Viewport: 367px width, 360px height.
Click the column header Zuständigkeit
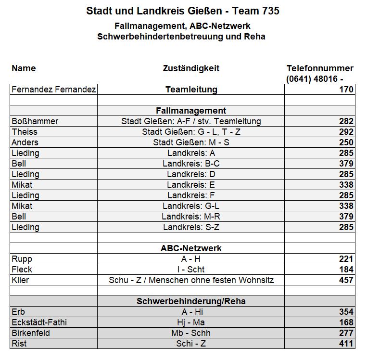pos(191,68)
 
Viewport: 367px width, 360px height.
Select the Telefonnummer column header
pos(320,68)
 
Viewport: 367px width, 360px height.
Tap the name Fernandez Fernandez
pos(54,90)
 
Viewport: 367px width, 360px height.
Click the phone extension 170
pos(346,90)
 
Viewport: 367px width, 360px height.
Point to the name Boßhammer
pos(35,121)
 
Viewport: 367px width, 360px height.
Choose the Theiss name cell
pos(24,132)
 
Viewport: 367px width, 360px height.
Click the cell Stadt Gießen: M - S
pos(191,142)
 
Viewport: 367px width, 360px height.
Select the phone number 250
pos(346,142)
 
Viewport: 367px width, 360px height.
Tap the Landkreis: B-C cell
pos(191,164)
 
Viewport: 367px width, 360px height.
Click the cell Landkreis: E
pos(191,185)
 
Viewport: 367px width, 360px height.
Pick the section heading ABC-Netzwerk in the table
pos(191,248)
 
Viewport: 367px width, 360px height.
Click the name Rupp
pos(22,259)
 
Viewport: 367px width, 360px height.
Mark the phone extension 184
pos(346,270)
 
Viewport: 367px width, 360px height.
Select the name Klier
pos(20,280)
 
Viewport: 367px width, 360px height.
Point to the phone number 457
pos(346,280)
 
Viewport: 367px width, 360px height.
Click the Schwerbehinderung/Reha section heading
pos(191,301)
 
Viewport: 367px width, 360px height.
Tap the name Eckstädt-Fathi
pos(39,322)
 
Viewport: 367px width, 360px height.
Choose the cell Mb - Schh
pos(191,333)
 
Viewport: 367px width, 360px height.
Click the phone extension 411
pos(346,344)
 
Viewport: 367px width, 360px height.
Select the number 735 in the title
pos(267,11)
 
